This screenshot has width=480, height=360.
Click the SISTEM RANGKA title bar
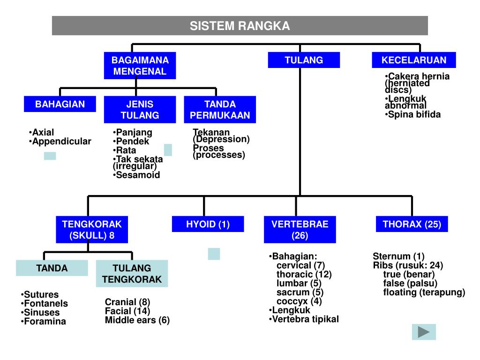pyautogui.click(x=240, y=26)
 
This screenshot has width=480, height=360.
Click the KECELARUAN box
pyautogui.click(x=413, y=60)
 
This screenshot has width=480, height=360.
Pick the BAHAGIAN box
pyautogui.click(x=60, y=104)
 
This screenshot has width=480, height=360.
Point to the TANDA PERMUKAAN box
pyautogui.click(x=220, y=110)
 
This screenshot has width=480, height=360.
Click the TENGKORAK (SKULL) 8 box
pyautogui.click(x=92, y=230)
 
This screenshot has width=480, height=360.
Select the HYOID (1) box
pyautogui.click(x=208, y=224)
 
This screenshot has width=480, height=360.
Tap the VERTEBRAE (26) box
pyautogui.click(x=300, y=230)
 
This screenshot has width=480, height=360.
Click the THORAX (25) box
pyautogui.click(x=412, y=224)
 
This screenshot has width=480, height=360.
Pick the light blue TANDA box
pyautogui.click(x=52, y=268)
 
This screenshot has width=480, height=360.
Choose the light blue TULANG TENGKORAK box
pyautogui.click(x=132, y=274)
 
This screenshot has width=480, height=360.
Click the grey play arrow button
pyautogui.click(x=424, y=332)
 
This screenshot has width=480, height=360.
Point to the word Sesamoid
pyautogui.click(x=138, y=175)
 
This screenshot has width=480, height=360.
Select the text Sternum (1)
pyautogui.click(x=398, y=256)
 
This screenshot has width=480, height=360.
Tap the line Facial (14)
pyautogui.click(x=127, y=311)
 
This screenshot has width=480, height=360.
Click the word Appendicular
pyautogui.click(x=62, y=142)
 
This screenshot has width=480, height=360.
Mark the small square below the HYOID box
pyautogui.click(x=214, y=254)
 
